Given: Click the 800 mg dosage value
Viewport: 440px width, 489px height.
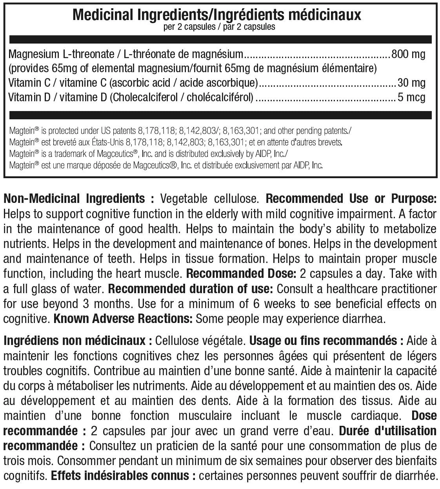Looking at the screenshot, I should tap(408, 55).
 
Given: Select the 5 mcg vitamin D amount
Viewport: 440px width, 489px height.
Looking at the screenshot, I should tap(411, 97).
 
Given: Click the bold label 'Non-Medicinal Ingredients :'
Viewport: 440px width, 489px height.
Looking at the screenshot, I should tap(78, 199).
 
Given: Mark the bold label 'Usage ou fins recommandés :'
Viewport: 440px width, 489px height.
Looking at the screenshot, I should tap(327, 340).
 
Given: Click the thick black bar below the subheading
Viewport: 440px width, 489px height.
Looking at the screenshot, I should tap(220, 40).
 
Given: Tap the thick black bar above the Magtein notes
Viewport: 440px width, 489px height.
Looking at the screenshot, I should tap(220, 115).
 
